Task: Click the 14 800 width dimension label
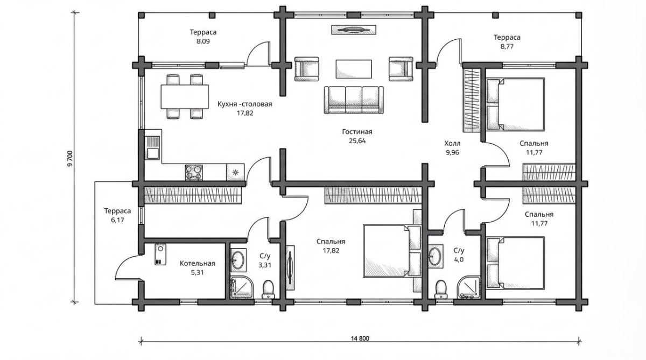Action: (360, 338)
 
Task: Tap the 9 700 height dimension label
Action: (71, 159)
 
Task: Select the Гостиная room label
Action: (357, 132)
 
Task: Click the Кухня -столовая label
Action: (245, 104)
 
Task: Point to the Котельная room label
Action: (197, 263)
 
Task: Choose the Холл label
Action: (452, 143)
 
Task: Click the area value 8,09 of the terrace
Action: (203, 41)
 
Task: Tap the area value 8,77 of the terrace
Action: (507, 46)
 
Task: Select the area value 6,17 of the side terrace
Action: (117, 220)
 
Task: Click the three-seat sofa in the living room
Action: (354, 100)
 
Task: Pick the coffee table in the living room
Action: (354, 69)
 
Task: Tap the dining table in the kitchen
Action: (185, 96)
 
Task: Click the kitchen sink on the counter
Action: (152, 148)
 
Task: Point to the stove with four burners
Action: (193, 172)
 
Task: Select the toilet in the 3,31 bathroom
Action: (268, 289)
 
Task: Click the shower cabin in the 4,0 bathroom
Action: (469, 287)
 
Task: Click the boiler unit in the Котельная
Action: (160, 254)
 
